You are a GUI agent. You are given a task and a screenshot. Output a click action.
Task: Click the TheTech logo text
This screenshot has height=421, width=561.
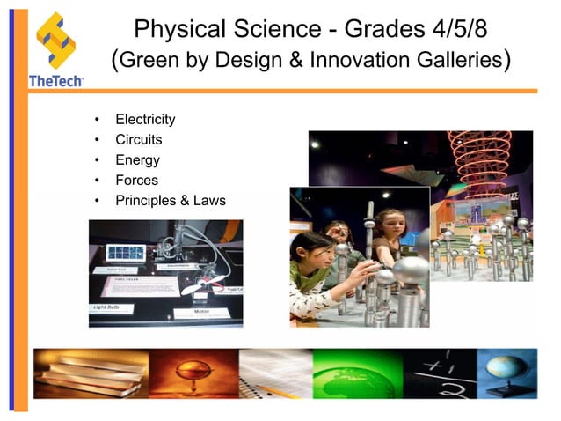click(55, 80)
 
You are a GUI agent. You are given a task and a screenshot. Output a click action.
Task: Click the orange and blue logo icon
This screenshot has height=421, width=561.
click(55, 40)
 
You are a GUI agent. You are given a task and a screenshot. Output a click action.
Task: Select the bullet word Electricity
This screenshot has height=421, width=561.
click(145, 120)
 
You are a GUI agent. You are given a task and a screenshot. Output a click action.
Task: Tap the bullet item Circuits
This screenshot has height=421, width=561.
click(139, 140)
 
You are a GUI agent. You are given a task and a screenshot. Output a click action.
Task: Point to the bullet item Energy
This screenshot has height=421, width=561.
click(137, 160)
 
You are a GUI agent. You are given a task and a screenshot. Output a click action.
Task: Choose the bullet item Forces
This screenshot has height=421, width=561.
click(136, 181)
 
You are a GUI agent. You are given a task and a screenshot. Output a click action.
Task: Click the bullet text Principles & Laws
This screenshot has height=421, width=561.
click(171, 201)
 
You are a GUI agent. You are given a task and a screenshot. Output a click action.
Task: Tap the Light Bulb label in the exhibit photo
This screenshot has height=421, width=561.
click(110, 307)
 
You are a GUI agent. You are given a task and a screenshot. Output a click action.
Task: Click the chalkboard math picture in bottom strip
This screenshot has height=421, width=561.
click(439, 373)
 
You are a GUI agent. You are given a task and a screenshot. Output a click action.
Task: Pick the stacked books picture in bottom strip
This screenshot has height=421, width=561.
click(70, 373)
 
